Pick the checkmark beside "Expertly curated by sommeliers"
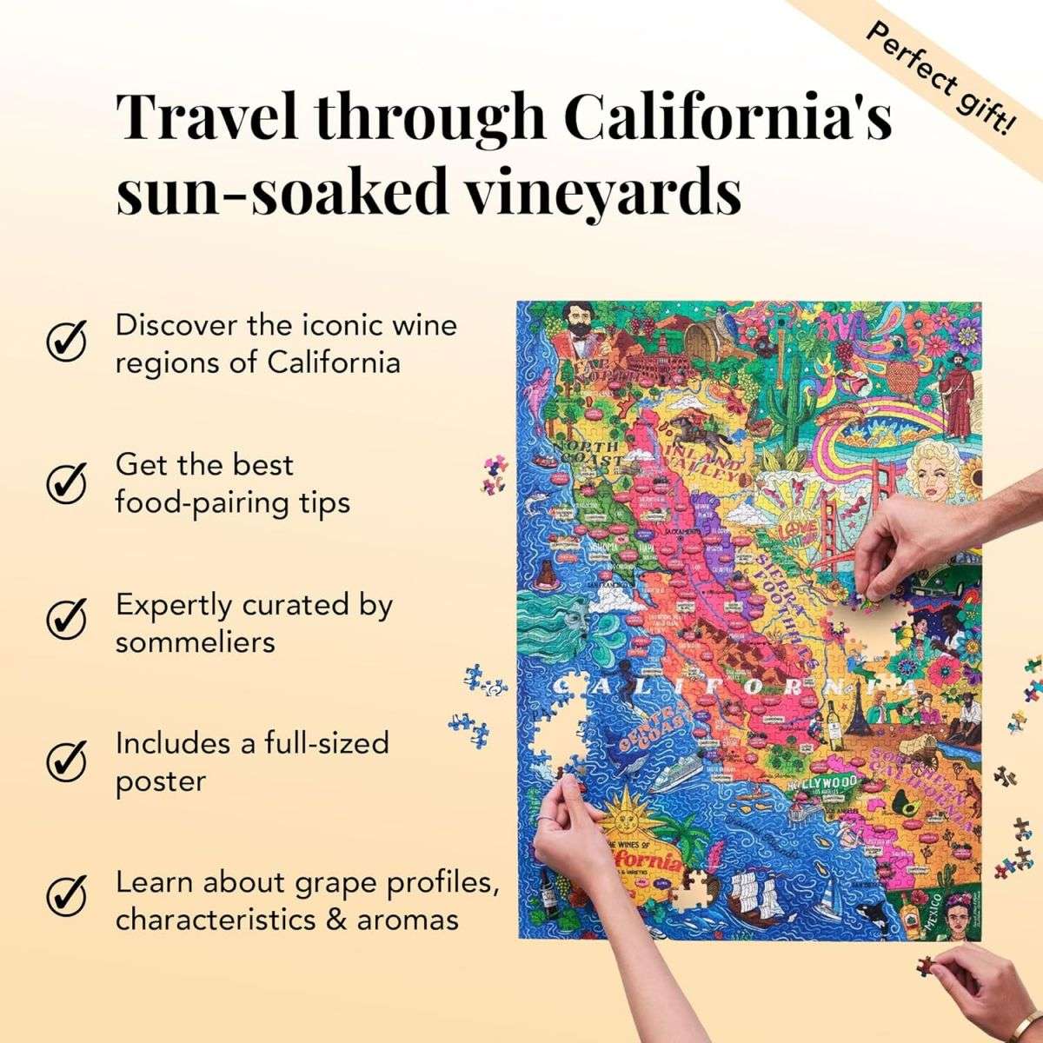pos(66,621)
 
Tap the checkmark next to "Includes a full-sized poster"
pos(66,761)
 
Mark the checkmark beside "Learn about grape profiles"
pos(66,900)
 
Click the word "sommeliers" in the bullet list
pos(196,642)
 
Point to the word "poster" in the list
pos(161,781)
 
